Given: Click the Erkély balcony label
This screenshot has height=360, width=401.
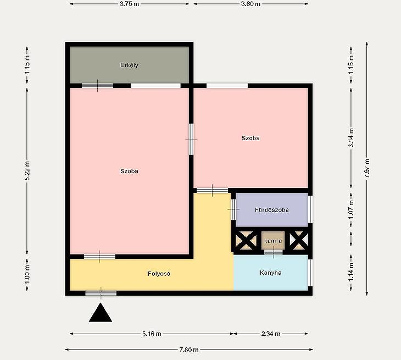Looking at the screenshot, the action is (x=129, y=65).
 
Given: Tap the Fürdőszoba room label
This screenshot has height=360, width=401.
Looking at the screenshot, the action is (x=272, y=210).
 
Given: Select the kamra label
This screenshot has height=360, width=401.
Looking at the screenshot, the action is (x=273, y=241).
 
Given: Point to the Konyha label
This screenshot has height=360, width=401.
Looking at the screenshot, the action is (x=271, y=273).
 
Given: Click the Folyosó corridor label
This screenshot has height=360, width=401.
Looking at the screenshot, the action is (x=159, y=274).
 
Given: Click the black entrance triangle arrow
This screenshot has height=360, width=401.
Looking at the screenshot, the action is (x=101, y=313).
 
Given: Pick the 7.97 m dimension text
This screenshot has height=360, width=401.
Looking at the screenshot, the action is (x=367, y=169).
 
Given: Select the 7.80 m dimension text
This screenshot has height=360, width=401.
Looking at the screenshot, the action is (x=189, y=350).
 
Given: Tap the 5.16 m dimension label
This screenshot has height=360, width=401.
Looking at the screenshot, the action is (x=152, y=334).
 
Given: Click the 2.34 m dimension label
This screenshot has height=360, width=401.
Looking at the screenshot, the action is (x=271, y=334).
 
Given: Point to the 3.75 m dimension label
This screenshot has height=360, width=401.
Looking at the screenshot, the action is (x=129, y=4).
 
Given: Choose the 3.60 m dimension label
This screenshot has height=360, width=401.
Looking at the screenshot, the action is (x=250, y=4).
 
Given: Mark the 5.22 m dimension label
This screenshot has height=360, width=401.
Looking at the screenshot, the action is (x=27, y=171).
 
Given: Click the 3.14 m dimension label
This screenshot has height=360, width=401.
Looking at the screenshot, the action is (x=351, y=137).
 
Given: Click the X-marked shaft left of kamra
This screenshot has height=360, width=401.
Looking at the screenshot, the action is (x=246, y=241).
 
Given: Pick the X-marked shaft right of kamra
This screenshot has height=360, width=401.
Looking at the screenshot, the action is (x=299, y=241).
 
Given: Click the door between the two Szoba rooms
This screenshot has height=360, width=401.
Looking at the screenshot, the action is (x=191, y=139).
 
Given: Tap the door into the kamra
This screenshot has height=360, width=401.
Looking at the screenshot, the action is (x=274, y=252).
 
